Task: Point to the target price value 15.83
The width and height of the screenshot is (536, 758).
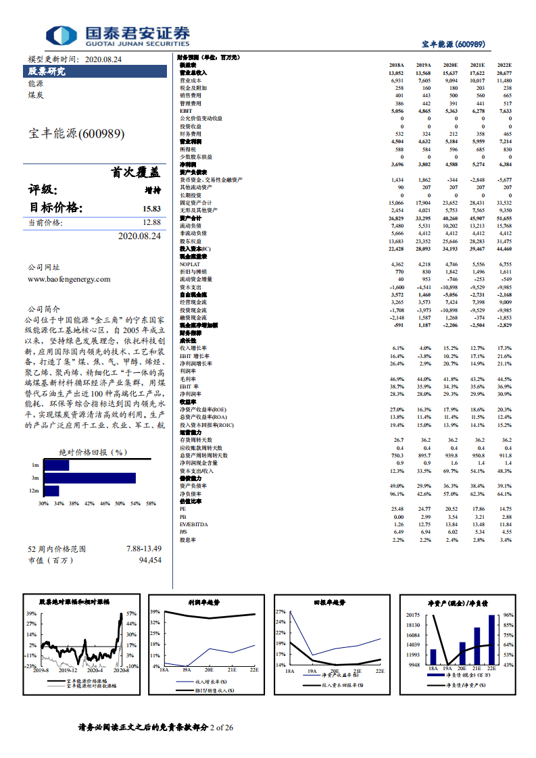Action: [151, 209]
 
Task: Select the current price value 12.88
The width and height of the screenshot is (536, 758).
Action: [151, 222]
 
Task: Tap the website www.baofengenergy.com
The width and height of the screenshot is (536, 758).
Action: [69, 278]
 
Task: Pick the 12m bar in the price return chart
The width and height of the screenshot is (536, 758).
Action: [51, 490]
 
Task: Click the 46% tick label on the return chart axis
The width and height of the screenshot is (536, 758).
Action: [105, 503]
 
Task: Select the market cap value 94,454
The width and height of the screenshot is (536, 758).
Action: [150, 560]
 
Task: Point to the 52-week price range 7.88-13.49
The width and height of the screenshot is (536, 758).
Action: [144, 549]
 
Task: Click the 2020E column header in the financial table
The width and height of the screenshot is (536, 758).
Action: [450, 65]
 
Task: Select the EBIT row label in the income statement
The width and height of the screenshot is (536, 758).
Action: [185, 110]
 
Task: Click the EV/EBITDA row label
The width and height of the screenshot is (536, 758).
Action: [193, 524]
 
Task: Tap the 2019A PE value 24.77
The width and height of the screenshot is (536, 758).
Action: [424, 509]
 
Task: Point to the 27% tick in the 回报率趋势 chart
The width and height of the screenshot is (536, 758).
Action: [281, 611]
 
